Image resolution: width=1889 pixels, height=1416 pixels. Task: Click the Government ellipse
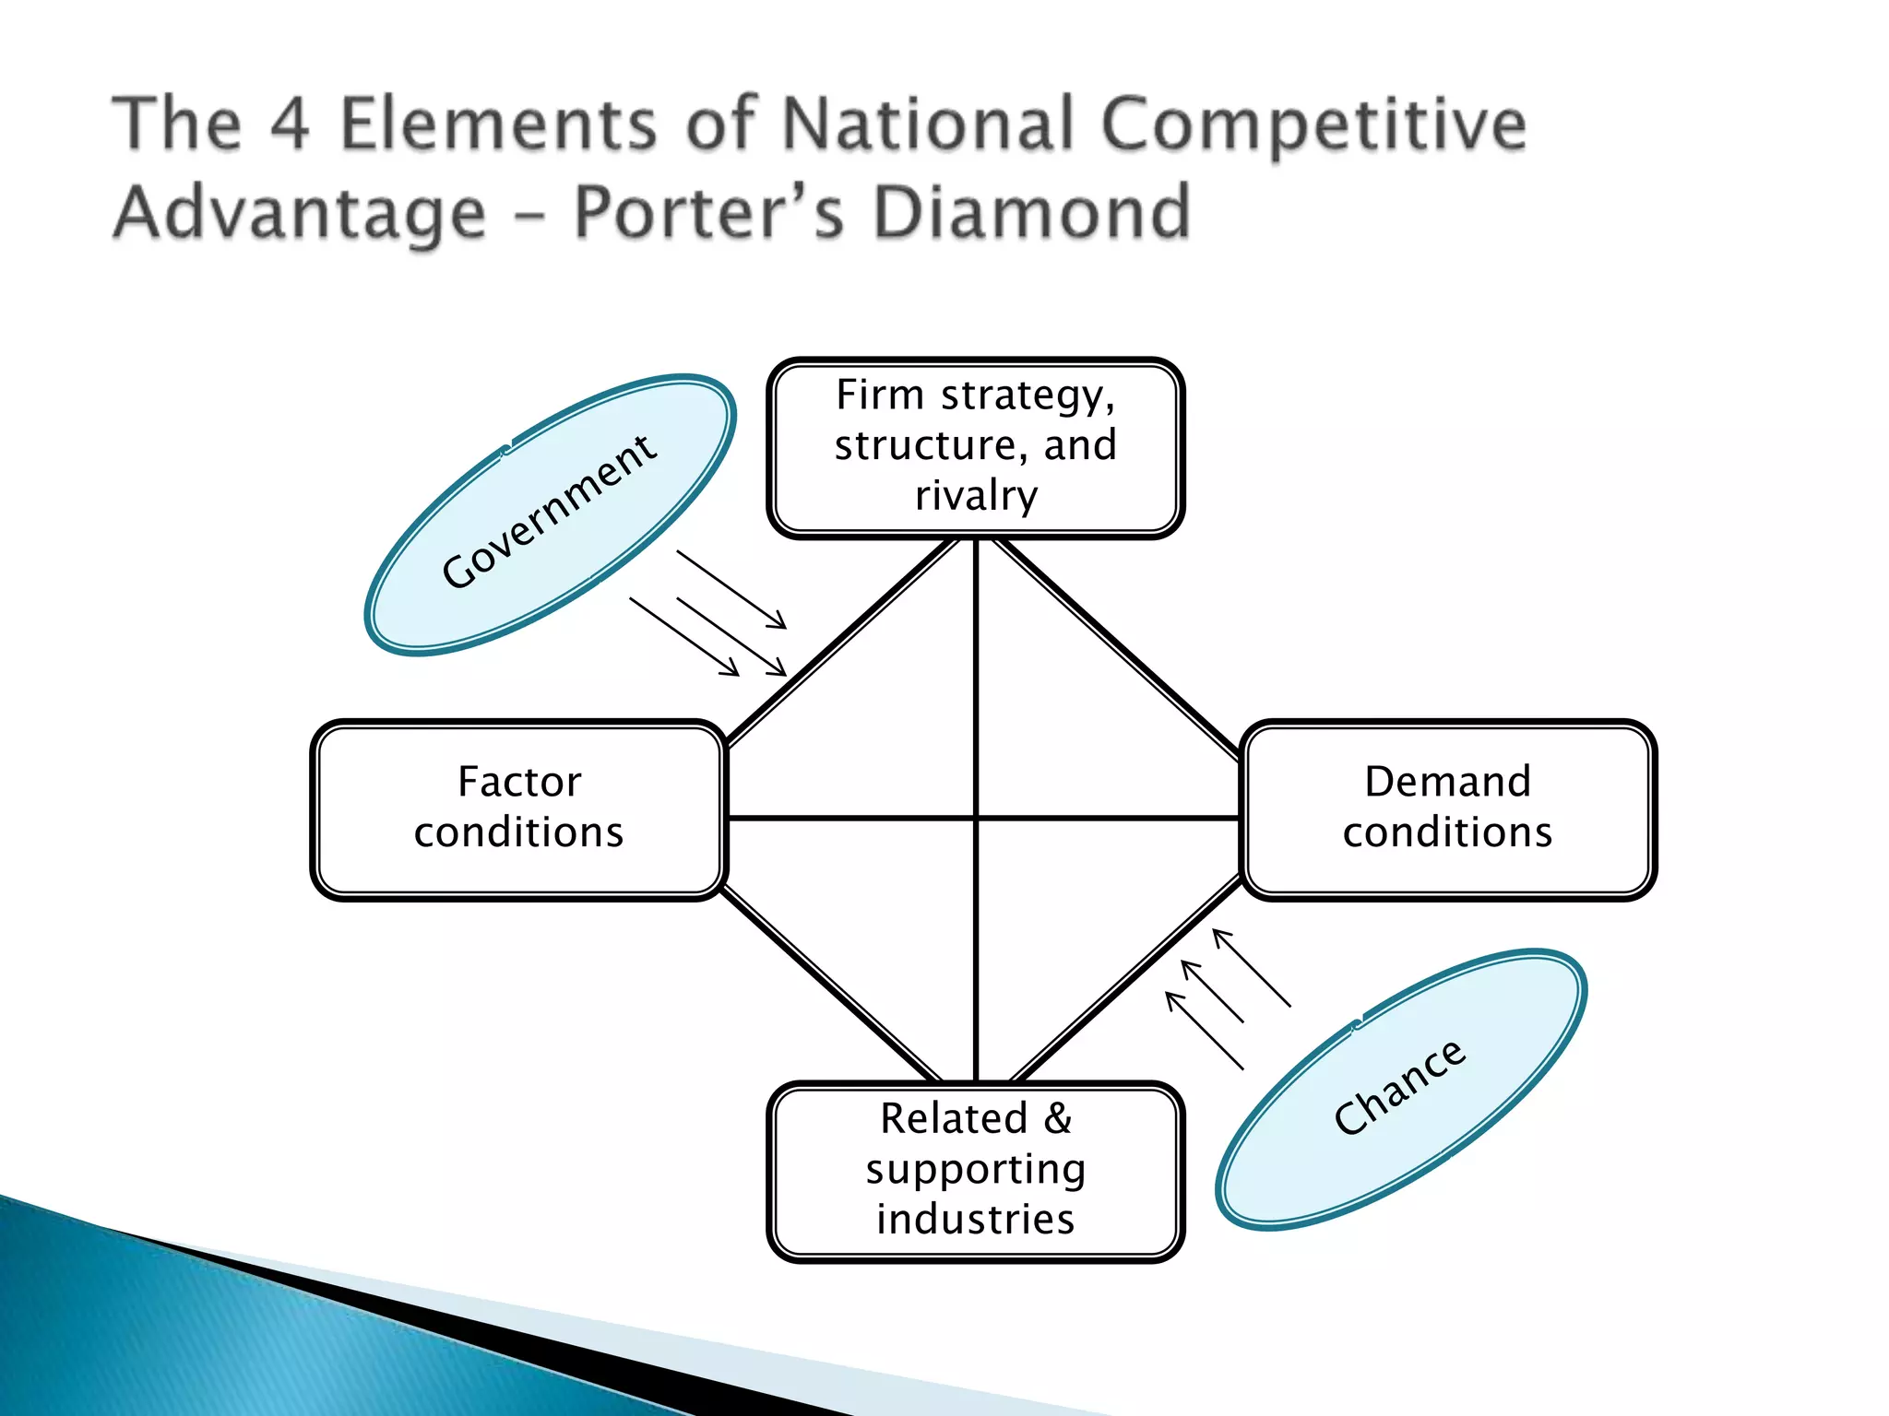click(x=550, y=514)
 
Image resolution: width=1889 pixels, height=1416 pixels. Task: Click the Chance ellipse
click(x=1400, y=1089)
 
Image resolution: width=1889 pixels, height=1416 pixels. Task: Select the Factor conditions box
click(x=519, y=808)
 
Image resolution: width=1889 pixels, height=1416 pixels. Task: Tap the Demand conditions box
click(x=1447, y=808)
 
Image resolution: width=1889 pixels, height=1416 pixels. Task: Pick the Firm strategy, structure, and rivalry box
click(x=975, y=447)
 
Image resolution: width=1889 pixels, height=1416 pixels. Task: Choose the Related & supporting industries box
click(x=975, y=1170)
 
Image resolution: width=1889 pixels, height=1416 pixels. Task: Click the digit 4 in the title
click(x=291, y=124)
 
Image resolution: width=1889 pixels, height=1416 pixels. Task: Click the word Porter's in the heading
click(x=708, y=213)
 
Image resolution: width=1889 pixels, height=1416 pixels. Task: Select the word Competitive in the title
click(x=1313, y=124)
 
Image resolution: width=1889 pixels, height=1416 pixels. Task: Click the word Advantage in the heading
click(x=299, y=213)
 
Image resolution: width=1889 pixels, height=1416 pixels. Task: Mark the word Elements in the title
click(x=499, y=124)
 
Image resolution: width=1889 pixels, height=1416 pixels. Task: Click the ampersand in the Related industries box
click(x=1058, y=1118)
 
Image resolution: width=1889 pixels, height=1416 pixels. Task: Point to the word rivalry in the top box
click(x=976, y=495)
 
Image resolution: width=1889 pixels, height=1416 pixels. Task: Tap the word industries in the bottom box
click(x=975, y=1219)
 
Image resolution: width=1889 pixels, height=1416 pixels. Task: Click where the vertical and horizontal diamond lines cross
click(x=976, y=817)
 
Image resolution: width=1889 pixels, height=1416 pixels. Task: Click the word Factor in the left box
click(x=519, y=782)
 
